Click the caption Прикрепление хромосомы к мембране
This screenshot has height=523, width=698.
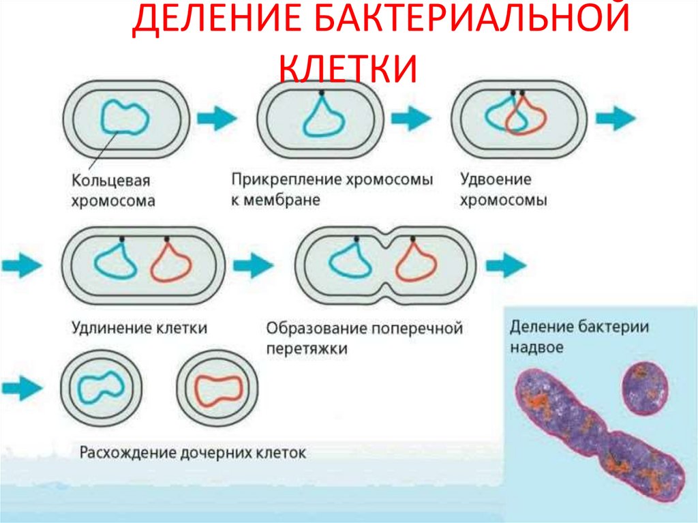pos(332,190)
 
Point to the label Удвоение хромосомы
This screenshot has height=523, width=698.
pos(504,190)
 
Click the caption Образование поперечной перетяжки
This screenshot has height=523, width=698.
pos(364,338)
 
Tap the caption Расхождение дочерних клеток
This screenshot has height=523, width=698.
pos(194,452)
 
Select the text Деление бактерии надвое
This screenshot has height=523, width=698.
pos(579,336)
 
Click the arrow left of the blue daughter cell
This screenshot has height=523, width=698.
pos(20,389)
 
